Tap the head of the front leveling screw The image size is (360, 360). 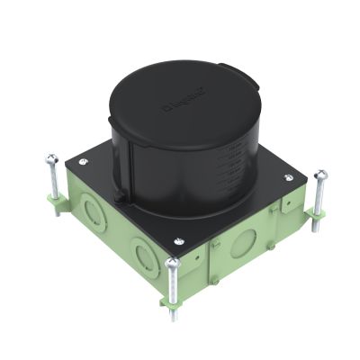pos(171,264)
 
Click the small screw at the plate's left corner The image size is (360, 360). pos(84,162)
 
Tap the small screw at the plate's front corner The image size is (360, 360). pos(179,239)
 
